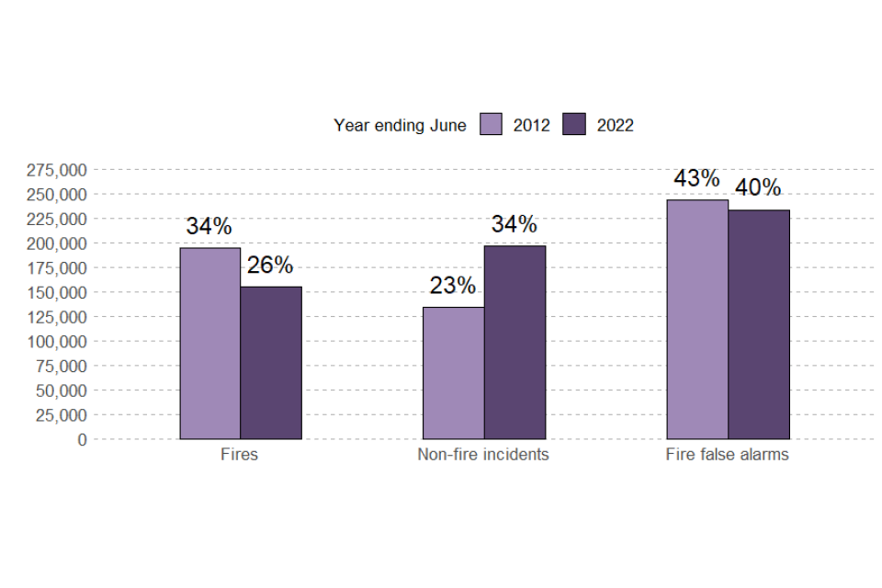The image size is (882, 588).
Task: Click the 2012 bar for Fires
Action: (x=209, y=344)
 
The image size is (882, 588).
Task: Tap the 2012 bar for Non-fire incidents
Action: (x=453, y=373)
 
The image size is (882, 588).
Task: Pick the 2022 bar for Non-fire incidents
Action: (x=514, y=342)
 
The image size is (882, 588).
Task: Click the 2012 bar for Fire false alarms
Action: (x=697, y=320)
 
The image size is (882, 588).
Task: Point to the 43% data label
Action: (x=697, y=178)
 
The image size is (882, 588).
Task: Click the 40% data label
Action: (x=759, y=188)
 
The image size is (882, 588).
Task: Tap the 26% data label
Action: (x=270, y=266)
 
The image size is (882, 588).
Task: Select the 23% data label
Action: (x=453, y=286)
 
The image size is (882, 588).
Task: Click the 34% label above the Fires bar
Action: (x=209, y=226)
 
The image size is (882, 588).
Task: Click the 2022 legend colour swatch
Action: (x=574, y=125)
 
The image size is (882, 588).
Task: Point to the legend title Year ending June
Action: (x=400, y=126)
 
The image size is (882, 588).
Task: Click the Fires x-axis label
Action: (x=240, y=455)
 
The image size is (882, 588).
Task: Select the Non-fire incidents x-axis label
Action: (x=483, y=455)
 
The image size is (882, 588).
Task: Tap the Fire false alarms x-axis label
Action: (x=728, y=455)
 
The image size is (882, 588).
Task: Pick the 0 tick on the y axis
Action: (x=83, y=439)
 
